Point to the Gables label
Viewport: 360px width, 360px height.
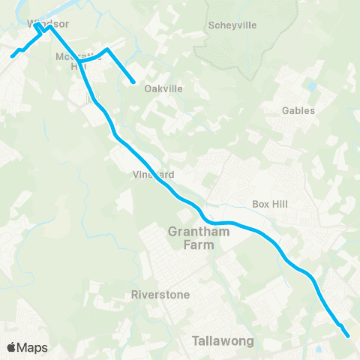tap(298, 110)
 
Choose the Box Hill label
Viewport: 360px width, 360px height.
tap(270, 204)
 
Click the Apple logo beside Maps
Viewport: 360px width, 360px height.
tap(11, 347)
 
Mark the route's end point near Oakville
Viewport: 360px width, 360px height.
tap(133, 82)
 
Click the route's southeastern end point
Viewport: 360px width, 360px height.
tap(349, 336)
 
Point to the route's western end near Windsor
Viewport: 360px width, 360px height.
tap(12, 55)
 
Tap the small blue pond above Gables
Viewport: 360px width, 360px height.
tap(311, 85)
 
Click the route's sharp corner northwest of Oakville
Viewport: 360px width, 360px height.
tap(109, 49)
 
